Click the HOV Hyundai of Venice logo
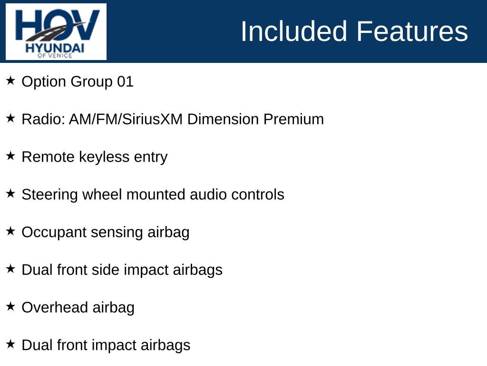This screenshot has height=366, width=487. point(56,31)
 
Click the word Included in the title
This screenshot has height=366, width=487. point(294,31)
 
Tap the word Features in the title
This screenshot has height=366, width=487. point(412,31)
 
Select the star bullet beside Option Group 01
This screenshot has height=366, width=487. point(10,80)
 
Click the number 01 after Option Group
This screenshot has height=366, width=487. point(125,82)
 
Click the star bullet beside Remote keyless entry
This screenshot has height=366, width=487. point(10,156)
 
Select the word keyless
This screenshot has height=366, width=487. point(104,157)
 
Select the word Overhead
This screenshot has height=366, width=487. point(55,307)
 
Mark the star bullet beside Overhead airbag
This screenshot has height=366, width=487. point(10,306)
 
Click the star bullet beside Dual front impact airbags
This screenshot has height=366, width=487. point(10,344)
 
